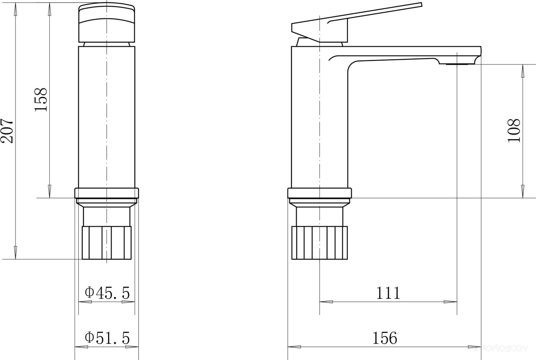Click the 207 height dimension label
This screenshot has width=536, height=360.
click(x=7, y=131)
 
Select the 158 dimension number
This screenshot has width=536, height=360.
click(x=41, y=99)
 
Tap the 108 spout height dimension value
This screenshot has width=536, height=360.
click(x=514, y=131)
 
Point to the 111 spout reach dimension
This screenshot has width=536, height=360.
click(x=388, y=293)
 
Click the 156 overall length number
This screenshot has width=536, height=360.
click(x=384, y=338)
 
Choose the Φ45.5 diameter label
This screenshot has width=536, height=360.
click(x=107, y=293)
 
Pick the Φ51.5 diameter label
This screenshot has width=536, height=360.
click(x=107, y=338)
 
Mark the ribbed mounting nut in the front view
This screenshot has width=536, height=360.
click(x=107, y=243)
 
